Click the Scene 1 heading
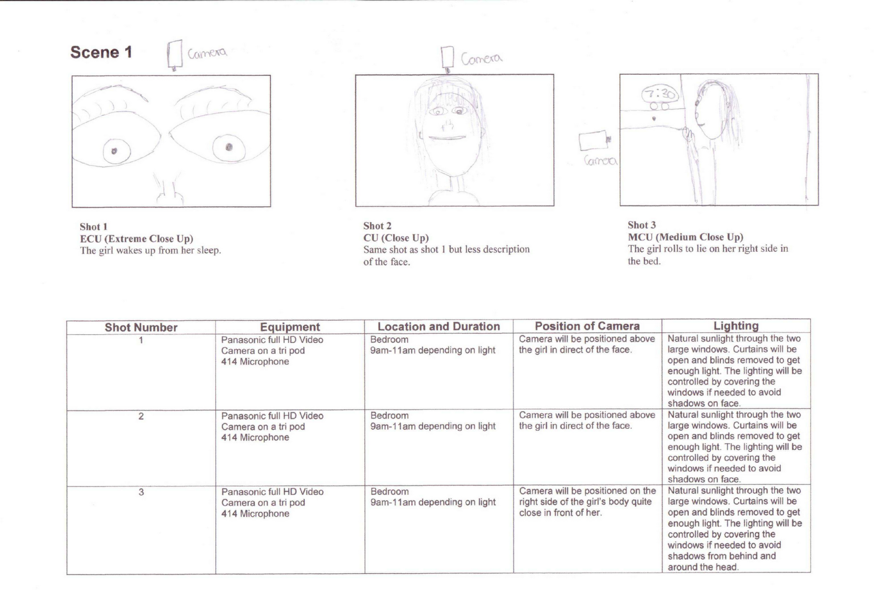click(101, 52)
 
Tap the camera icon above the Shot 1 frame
click(175, 55)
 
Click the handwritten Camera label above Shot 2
click(481, 58)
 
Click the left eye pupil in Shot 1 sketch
click(114, 151)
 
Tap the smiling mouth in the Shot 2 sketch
click(447, 138)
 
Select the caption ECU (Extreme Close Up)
click(137, 239)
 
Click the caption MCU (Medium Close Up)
click(685, 237)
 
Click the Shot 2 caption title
click(377, 226)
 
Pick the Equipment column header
click(290, 327)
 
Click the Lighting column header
click(736, 326)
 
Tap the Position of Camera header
click(587, 326)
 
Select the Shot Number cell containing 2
click(141, 416)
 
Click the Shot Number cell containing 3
click(141, 492)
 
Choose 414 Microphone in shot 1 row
click(255, 362)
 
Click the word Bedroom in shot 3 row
click(389, 492)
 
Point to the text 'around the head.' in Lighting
click(703, 567)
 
